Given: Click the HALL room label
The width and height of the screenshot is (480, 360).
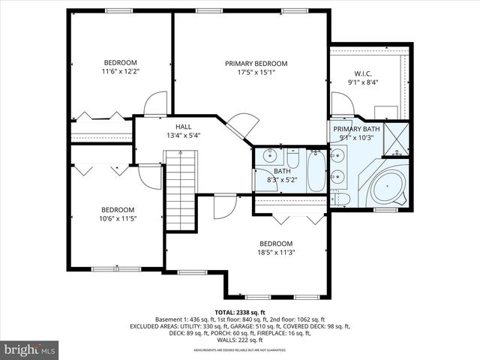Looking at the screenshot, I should coord(184,127).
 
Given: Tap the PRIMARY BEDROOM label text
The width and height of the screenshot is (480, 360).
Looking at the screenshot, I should coord(256,64).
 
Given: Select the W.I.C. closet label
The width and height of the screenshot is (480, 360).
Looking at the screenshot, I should coord(363,74).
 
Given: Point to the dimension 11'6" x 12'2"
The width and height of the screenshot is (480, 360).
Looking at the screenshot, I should coord(120,71).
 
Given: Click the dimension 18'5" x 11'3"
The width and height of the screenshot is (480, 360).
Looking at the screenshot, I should coord(277,253).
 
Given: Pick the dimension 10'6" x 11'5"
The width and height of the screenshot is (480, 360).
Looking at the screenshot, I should coord(118,219).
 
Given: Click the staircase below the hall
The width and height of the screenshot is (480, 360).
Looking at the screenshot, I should coord(180,191).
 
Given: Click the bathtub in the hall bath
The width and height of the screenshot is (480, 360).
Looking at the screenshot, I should coord(316,171).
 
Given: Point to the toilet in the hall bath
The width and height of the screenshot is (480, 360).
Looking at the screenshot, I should coord(292,159).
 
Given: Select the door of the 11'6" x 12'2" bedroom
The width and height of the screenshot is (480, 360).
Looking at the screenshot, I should coord(156,104).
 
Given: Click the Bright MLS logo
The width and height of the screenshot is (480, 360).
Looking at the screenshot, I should coord(30,349).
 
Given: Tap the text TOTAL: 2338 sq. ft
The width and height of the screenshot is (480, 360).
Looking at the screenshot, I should coord(240,312).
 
